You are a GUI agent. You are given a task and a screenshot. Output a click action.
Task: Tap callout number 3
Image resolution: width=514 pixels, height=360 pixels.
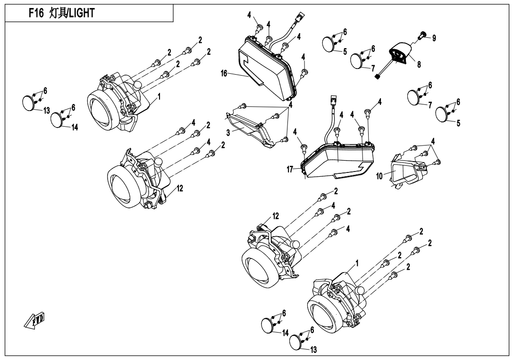click(x=228, y=133)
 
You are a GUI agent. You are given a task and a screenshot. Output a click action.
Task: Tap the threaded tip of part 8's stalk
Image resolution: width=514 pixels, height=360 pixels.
click(x=378, y=77)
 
